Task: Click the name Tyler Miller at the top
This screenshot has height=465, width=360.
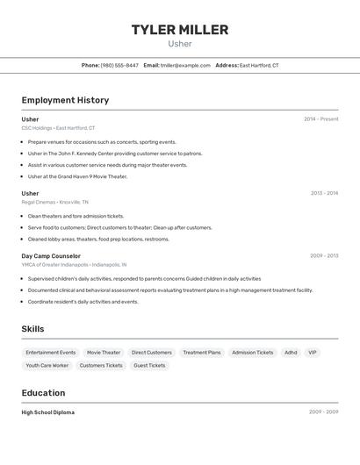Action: click(x=180, y=30)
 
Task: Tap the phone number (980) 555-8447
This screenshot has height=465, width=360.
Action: click(x=119, y=65)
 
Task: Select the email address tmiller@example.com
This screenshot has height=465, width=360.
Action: click(x=185, y=65)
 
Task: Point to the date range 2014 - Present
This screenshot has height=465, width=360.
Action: click(x=321, y=118)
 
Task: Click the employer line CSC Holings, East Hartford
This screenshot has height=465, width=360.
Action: click(x=58, y=127)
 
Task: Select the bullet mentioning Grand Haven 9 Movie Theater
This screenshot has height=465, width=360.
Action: click(x=77, y=176)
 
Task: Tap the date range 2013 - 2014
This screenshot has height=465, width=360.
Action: click(x=324, y=193)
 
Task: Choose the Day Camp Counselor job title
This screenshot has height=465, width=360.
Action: click(x=51, y=256)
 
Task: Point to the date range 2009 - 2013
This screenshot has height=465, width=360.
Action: click(x=324, y=256)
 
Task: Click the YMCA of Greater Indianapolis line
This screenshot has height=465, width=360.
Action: click(x=74, y=264)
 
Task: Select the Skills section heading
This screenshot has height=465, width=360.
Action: click(x=33, y=329)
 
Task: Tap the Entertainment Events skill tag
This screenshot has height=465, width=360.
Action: click(x=51, y=352)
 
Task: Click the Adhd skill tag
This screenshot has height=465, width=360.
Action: click(x=291, y=352)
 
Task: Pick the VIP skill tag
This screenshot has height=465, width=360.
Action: click(x=313, y=352)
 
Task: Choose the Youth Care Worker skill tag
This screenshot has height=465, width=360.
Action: click(x=47, y=365)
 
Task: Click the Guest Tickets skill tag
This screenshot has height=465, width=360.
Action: click(x=149, y=365)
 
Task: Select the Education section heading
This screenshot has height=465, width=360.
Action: click(x=44, y=393)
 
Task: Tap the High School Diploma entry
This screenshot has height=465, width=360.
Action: click(x=48, y=412)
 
